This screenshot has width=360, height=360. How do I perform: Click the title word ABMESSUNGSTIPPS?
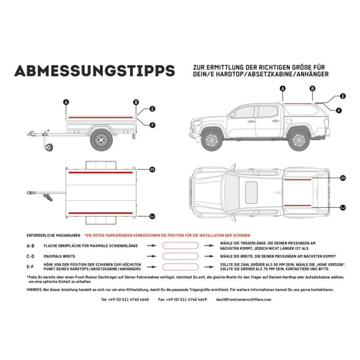pyautogui.click(x=94, y=70)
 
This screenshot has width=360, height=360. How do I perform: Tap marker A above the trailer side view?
pyautogui.click(x=66, y=102)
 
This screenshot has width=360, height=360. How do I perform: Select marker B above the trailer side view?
pyautogui.click(x=136, y=102)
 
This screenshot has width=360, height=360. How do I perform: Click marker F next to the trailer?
pyautogui.click(x=152, y=125)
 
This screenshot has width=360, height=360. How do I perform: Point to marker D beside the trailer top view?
pyautogui.click(x=152, y=170)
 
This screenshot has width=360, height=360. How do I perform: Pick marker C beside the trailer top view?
pyautogui.click(x=152, y=216)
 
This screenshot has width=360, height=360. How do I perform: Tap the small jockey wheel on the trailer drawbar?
pyautogui.click(x=48, y=148)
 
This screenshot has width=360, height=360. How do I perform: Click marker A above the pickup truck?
pyautogui.click(x=283, y=89)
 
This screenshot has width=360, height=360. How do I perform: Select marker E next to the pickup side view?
pyautogui.click(x=343, y=96)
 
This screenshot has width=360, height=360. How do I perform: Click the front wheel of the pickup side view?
pyautogui.click(x=212, y=139)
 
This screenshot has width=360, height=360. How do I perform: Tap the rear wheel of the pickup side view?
pyautogui.click(x=298, y=139)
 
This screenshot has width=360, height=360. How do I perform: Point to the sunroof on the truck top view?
pyautogui.click(x=251, y=189)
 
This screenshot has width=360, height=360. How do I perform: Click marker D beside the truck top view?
pyautogui.click(x=343, y=177)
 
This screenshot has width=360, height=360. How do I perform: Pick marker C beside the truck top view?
pyautogui.click(x=343, y=207)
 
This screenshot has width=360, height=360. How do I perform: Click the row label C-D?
pyautogui.click(x=31, y=255)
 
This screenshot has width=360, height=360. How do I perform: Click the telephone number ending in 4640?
pyautogui.click(x=125, y=299)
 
